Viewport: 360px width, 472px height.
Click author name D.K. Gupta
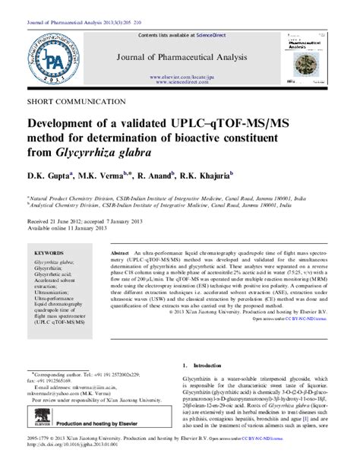[x=49, y=175]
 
